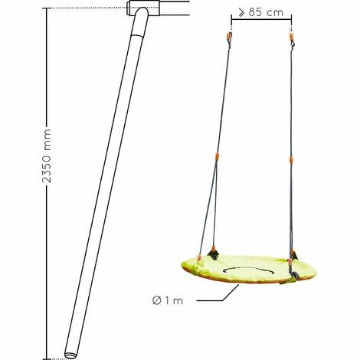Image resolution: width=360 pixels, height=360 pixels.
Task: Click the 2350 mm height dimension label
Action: point(47,155)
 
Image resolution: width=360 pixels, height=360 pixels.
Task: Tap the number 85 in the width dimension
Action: point(256,12)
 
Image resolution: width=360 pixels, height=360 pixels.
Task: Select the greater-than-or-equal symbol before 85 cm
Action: point(241,12)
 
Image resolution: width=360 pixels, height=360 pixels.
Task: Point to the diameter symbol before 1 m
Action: point(156,300)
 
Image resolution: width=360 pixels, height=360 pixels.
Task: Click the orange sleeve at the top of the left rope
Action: point(229,37)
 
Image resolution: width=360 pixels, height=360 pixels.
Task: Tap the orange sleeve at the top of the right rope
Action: point(291,38)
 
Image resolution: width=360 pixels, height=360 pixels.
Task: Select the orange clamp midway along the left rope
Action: point(217,156)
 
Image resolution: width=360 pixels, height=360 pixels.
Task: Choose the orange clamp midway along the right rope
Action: point(291,160)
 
